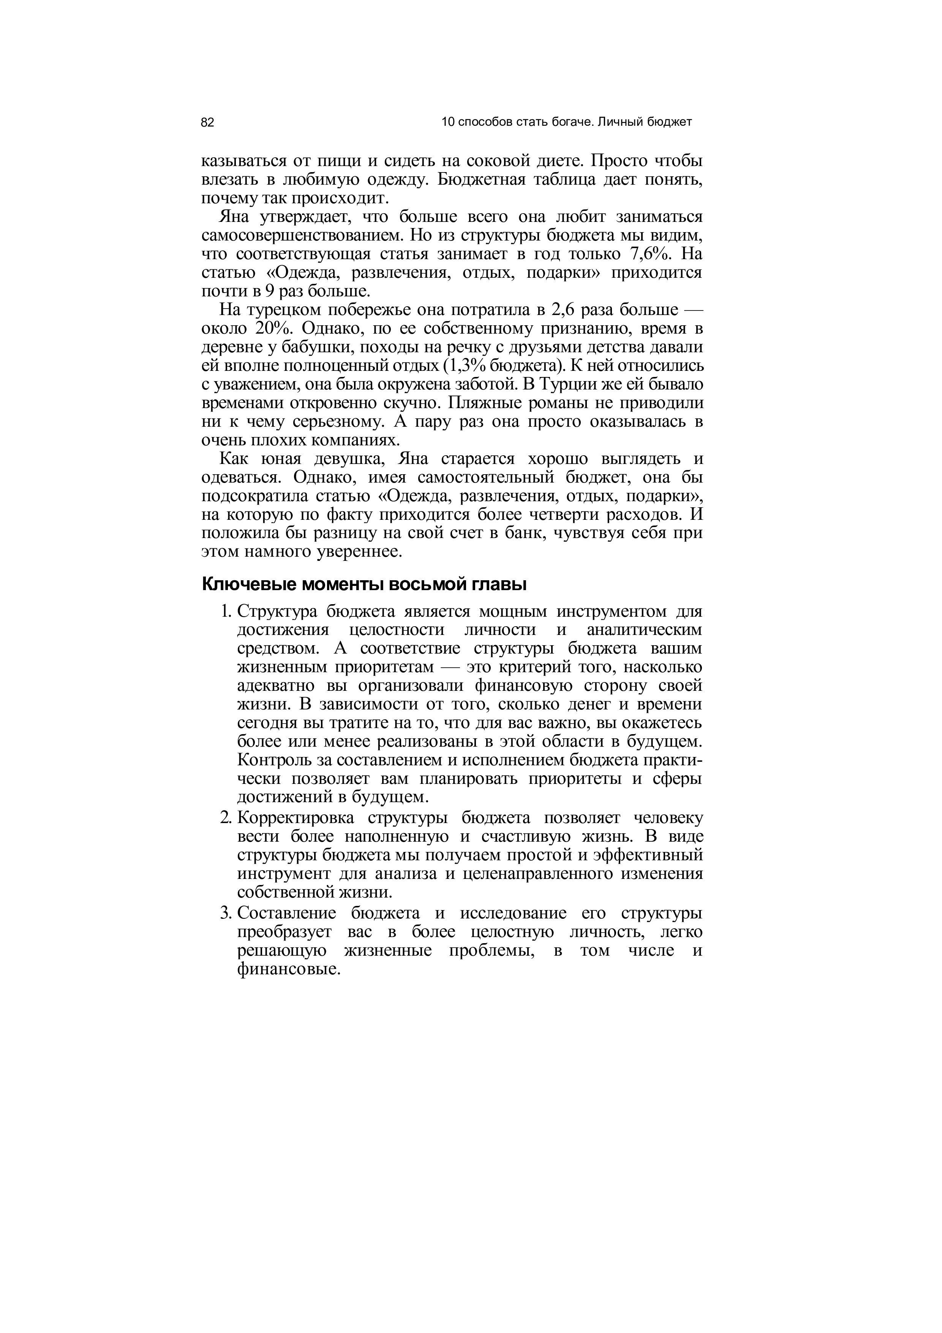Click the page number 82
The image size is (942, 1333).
208,122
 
